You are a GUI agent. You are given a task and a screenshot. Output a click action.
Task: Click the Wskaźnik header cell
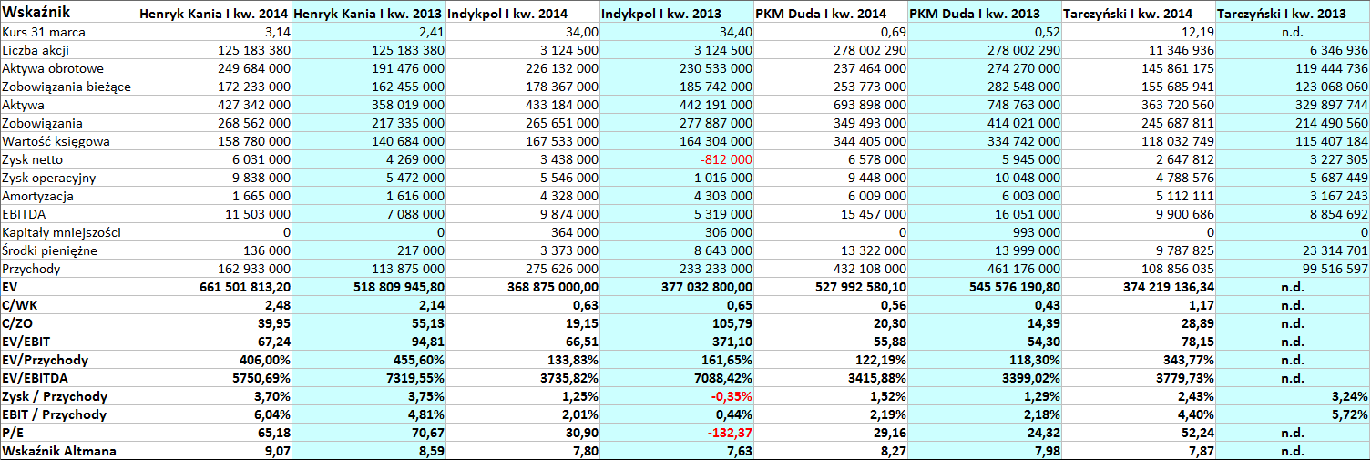point(36,12)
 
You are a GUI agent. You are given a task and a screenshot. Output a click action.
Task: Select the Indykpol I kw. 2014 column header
point(507,14)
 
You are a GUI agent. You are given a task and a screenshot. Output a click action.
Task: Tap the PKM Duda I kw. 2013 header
point(975,14)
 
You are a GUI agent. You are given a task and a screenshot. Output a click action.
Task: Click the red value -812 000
point(726,159)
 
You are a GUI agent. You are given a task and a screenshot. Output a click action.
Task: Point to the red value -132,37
point(730,433)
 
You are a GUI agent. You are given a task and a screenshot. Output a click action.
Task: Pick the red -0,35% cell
point(732,396)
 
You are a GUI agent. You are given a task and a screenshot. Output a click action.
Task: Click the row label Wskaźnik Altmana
point(58,452)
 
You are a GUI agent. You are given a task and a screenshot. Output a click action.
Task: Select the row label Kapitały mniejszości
point(61,233)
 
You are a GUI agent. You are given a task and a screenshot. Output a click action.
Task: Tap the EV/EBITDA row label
point(35,379)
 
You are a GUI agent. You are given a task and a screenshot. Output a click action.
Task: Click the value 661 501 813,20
point(245,287)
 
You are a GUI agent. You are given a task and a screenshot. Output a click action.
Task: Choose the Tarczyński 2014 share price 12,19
point(1197,32)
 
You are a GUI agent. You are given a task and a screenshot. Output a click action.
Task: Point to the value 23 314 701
point(1331,250)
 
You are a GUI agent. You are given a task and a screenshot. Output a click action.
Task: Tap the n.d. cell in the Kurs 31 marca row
point(1292,32)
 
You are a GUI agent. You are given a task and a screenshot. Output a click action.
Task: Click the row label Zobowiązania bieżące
point(67,87)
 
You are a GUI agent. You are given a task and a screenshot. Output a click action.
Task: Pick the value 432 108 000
point(870,269)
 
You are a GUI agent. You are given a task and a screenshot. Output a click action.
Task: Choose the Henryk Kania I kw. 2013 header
point(369,14)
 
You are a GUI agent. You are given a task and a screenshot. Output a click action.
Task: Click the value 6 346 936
point(1337,50)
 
